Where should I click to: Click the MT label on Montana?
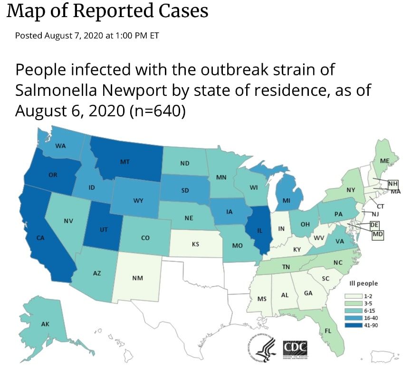pyautogui.click(x=125, y=162)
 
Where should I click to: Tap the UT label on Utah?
pyautogui.click(x=105, y=229)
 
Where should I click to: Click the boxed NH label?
pyautogui.click(x=393, y=184)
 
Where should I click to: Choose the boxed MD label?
pyautogui.click(x=378, y=234)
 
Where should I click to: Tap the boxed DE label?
pyautogui.click(x=374, y=224)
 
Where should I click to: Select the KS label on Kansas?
pyautogui.click(x=195, y=244)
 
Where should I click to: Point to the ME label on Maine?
pyautogui.click(x=385, y=161)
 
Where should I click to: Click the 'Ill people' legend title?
pyautogui.click(x=364, y=283)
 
